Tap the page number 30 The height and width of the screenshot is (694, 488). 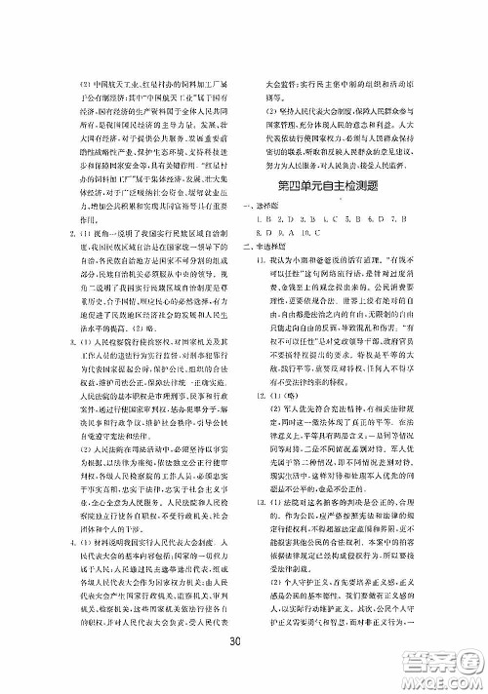(x=232, y=668)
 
